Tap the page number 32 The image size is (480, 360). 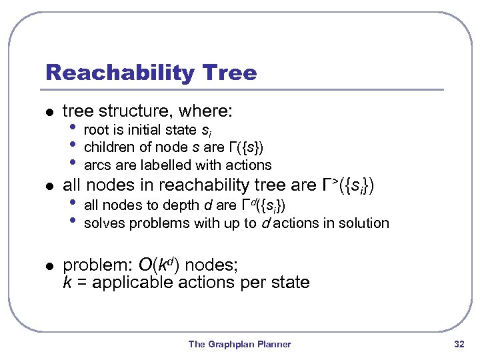pyautogui.click(x=458, y=344)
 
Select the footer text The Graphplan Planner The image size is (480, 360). pyautogui.click(x=239, y=344)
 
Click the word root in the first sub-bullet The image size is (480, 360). pyautogui.click(x=96, y=129)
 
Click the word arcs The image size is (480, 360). pyautogui.click(x=96, y=165)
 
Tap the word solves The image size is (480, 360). pyautogui.click(x=104, y=223)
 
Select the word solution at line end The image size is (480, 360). pyautogui.click(x=365, y=223)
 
